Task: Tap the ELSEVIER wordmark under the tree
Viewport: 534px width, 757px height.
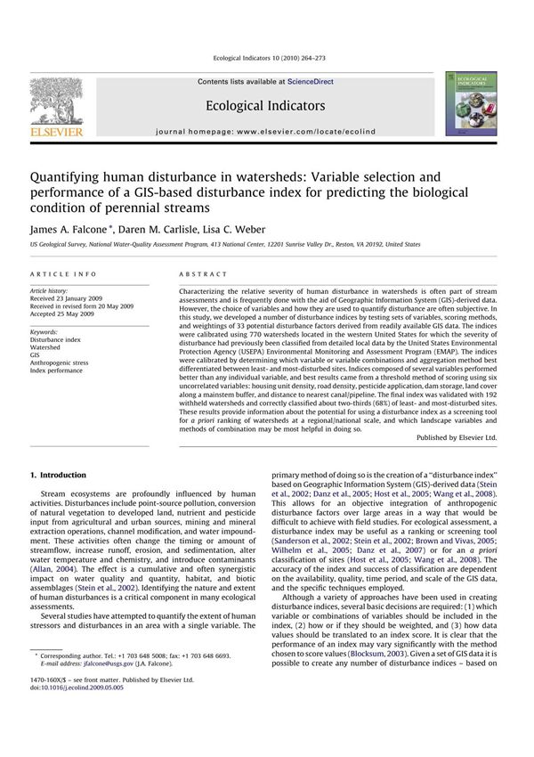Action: (x=56, y=132)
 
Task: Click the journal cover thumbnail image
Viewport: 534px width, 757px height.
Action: (x=471, y=105)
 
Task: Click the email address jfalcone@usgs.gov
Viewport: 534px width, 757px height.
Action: (x=103, y=688)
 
